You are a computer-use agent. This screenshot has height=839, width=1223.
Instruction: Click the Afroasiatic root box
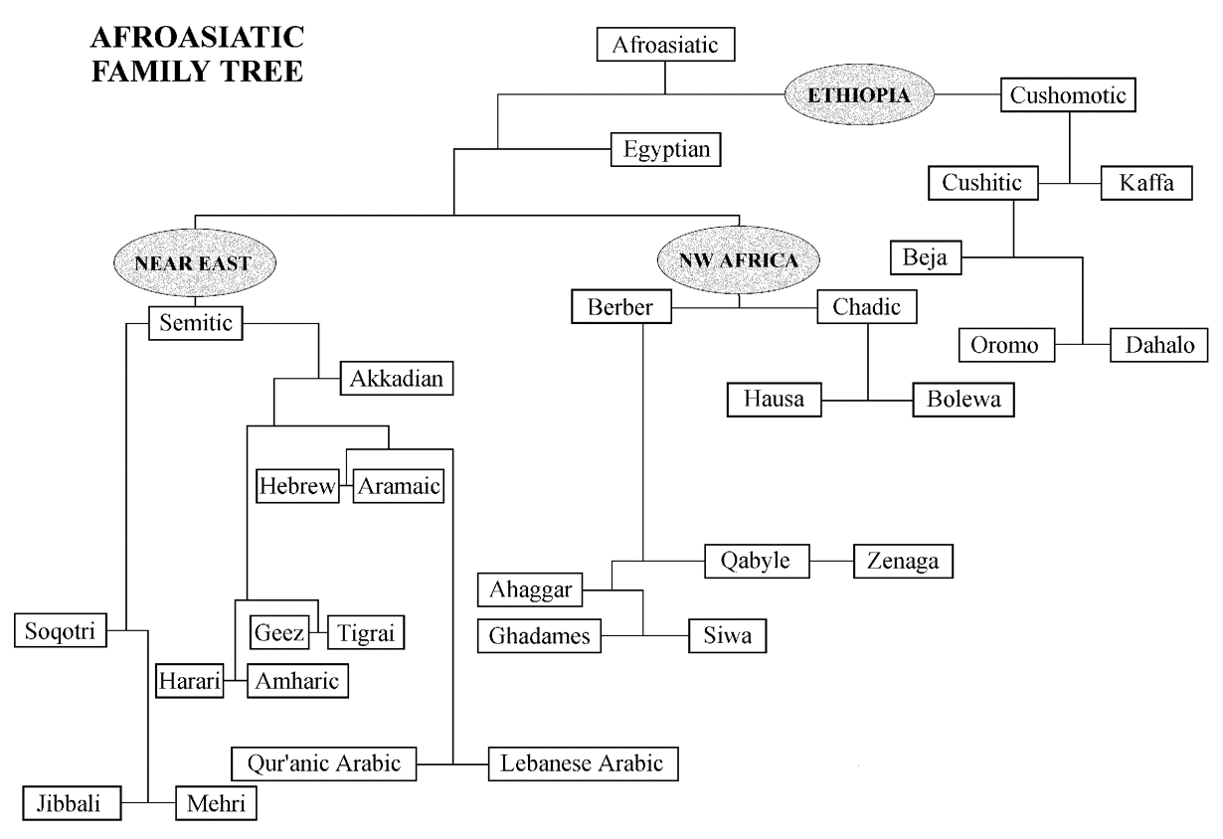pyautogui.click(x=665, y=45)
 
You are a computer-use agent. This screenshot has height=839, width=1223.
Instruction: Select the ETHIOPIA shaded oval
pyautogui.click(x=861, y=95)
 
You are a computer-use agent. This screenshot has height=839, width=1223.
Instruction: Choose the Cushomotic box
pyautogui.click(x=1068, y=95)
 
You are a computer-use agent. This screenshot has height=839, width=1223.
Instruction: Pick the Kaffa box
pyautogui.click(x=1145, y=184)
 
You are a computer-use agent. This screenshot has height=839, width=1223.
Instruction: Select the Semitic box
pyautogui.click(x=196, y=322)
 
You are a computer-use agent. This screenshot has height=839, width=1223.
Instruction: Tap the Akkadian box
pyautogui.click(x=396, y=379)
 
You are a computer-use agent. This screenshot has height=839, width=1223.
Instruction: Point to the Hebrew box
pyautogui.click(x=296, y=487)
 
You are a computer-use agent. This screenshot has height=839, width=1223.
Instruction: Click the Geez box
pyautogui.click(x=279, y=631)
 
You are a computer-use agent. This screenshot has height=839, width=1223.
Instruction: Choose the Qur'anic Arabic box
pyautogui.click(x=323, y=763)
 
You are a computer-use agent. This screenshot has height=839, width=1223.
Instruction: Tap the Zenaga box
pyautogui.click(x=903, y=561)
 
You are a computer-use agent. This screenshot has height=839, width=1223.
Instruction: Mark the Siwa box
pyautogui.click(x=728, y=634)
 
